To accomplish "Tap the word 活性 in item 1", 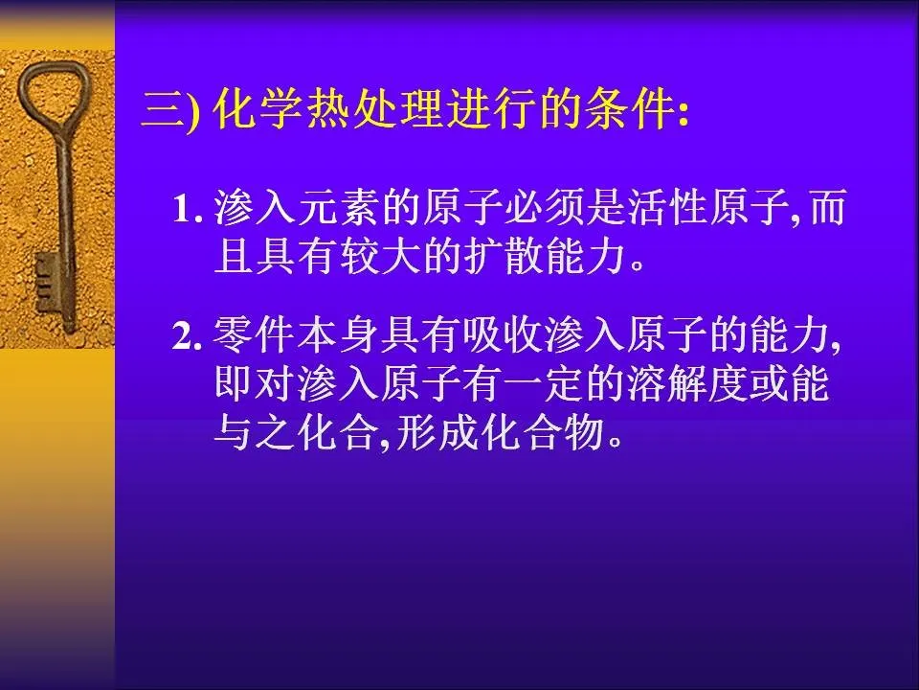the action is (x=668, y=208).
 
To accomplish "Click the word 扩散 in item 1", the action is (x=504, y=257).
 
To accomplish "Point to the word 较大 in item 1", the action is (x=379, y=257).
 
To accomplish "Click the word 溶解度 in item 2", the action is (x=688, y=384).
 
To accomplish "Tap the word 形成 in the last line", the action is (x=437, y=433).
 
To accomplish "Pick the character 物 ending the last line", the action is (x=584, y=433).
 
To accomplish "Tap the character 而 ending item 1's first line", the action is (x=827, y=208).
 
